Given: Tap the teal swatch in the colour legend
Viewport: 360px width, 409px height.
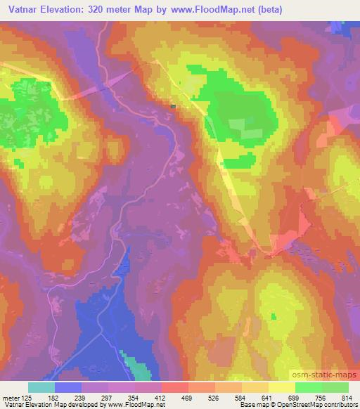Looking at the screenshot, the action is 41,388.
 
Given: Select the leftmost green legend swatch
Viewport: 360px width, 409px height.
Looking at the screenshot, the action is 309,388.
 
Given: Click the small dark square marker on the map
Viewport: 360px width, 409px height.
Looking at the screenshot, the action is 173,107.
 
